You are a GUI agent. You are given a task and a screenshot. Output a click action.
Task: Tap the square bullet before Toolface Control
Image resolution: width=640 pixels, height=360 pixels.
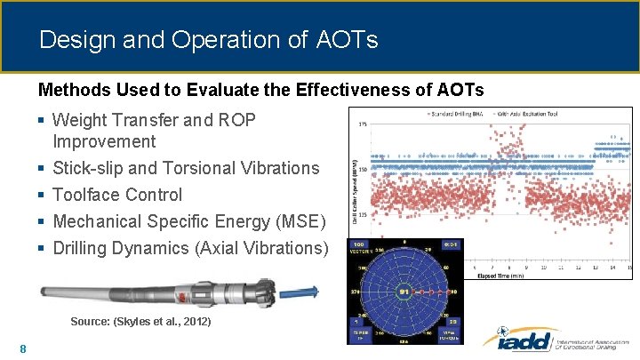tap(43, 195)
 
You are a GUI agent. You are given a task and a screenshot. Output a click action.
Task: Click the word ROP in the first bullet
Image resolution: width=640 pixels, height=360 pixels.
tap(242, 119)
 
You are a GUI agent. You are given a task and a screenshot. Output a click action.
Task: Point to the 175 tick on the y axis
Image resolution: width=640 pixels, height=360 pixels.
tap(363, 124)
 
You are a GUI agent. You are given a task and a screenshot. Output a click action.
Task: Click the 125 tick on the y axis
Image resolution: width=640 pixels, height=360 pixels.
tap(363, 213)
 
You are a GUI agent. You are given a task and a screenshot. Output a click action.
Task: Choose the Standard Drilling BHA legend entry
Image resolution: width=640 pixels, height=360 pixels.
tap(458, 114)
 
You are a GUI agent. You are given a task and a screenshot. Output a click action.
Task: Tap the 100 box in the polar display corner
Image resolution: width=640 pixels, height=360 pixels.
tap(357, 244)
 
